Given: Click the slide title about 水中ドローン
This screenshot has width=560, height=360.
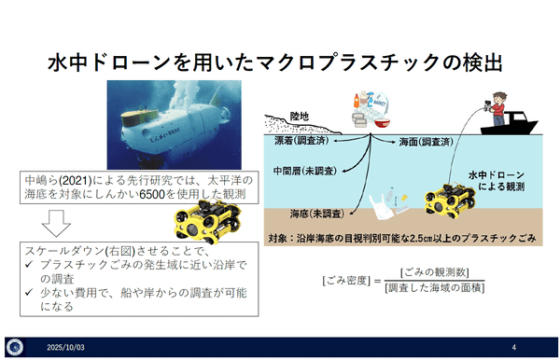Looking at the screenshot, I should (280, 62).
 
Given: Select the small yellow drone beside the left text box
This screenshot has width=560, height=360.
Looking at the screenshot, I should (202, 222).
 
